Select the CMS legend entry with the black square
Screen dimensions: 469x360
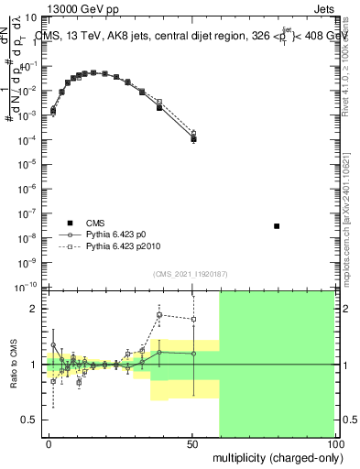(x=93, y=223)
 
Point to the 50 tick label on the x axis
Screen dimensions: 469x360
(x=192, y=442)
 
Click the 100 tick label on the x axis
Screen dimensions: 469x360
(x=333, y=442)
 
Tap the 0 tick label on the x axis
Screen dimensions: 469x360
(x=49, y=442)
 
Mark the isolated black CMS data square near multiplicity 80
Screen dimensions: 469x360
(x=277, y=225)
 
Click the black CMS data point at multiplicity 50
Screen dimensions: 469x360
(x=193, y=139)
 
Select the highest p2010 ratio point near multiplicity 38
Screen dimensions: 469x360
(x=159, y=315)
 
